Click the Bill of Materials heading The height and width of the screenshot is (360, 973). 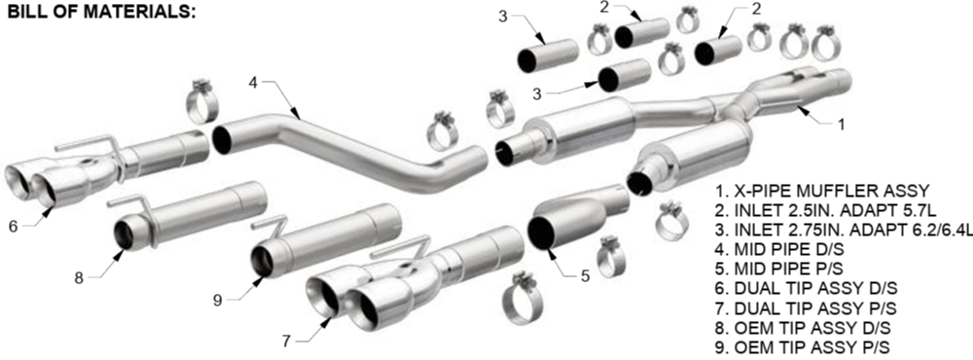pos(101,13)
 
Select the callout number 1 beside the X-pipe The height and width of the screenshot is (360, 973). pos(841,125)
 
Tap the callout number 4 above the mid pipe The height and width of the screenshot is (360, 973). pos(253,82)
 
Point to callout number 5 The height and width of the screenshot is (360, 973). pos(585,276)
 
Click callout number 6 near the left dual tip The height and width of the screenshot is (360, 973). pos(13,227)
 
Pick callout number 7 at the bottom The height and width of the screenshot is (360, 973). pos(286,341)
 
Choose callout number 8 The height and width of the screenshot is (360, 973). pos(78,278)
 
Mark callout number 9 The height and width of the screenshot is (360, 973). pos(217,301)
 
